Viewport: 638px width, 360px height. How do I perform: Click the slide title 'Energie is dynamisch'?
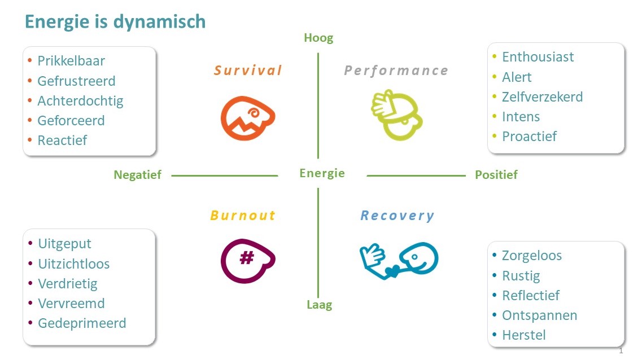115,21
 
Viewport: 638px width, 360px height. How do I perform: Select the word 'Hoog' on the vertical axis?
318,38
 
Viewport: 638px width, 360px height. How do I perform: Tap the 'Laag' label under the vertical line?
319,305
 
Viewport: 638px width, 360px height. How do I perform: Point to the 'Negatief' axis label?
137,175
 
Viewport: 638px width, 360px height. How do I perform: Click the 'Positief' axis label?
496,175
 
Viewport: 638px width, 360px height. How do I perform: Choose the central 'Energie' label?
322,173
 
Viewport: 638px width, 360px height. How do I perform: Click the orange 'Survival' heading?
247,71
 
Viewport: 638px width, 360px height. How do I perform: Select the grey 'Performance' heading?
396,71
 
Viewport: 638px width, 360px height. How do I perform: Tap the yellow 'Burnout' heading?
242,216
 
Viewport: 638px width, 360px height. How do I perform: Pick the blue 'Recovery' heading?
397,216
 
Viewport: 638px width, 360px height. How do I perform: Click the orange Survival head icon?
247,118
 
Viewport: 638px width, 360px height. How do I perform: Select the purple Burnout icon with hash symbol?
247,260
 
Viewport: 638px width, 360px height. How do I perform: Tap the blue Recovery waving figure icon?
399,260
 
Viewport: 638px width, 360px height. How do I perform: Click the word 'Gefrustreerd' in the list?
76,81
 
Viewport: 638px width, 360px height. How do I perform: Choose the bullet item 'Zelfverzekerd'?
542,97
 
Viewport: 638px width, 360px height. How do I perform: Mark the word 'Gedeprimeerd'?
82,323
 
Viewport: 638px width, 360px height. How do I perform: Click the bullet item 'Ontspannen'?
539,315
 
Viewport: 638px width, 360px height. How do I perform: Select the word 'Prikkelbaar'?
71,61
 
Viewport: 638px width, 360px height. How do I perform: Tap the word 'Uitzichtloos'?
74,264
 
